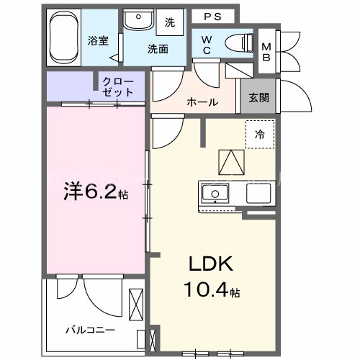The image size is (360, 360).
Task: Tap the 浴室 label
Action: point(99,41)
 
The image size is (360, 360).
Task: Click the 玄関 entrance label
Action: point(258,99)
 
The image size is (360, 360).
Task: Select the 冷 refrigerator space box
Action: point(258,135)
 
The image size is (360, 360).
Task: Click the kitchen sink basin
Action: point(214,194)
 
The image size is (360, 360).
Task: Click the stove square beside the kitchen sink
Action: point(257,194)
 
